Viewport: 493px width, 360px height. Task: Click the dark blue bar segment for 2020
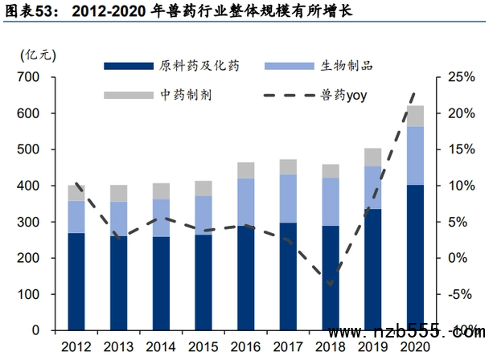pyautogui.click(x=415, y=257)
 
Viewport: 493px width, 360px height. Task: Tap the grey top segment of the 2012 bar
pyautogui.click(x=76, y=193)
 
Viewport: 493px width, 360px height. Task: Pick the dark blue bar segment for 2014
pyautogui.click(x=161, y=283)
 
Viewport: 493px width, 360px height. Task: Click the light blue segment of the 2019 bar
pyautogui.click(x=372, y=187)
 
